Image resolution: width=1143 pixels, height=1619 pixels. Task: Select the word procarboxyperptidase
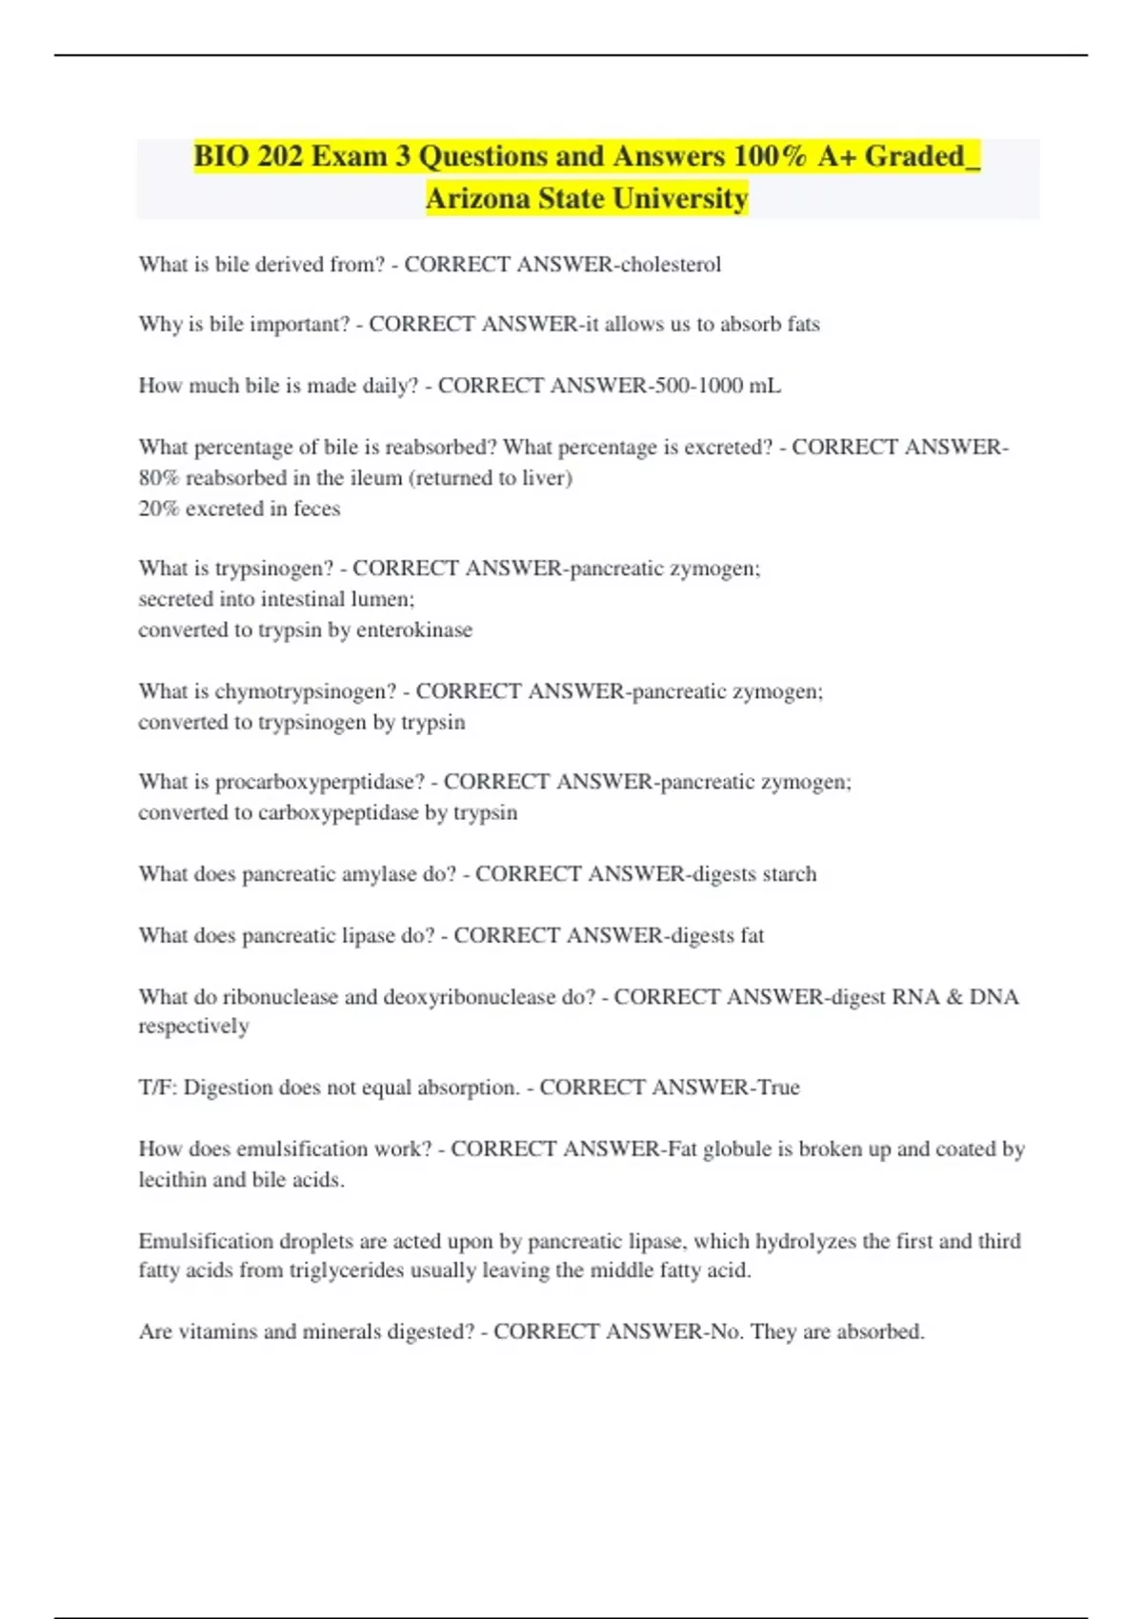tap(320, 781)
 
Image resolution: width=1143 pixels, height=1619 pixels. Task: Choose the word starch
tap(790, 873)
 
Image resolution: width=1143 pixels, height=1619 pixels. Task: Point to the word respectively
tap(193, 1026)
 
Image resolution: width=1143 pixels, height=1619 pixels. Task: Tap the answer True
tap(778, 1087)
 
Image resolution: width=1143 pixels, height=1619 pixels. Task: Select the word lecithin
tap(172, 1179)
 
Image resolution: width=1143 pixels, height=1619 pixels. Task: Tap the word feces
tap(316, 509)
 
